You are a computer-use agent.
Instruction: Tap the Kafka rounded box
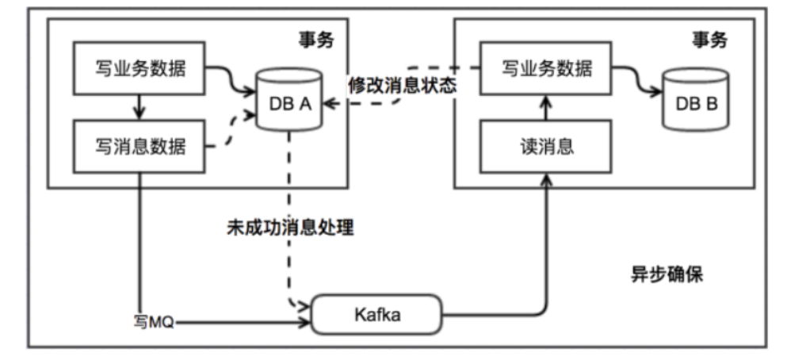pyautogui.click(x=376, y=315)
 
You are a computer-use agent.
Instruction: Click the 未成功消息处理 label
pyautogui.click(x=288, y=228)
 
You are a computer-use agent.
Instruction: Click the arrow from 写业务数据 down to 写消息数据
pyautogui.click(x=139, y=107)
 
